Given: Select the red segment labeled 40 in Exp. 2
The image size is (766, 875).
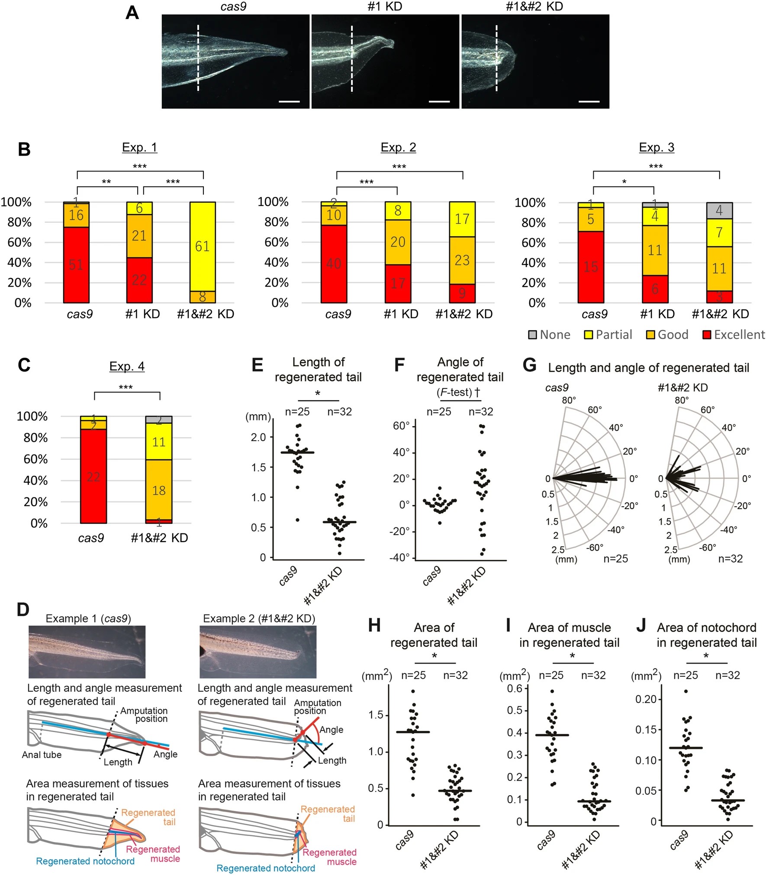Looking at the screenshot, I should [334, 263].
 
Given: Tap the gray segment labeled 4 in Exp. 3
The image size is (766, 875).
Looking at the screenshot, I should [719, 210].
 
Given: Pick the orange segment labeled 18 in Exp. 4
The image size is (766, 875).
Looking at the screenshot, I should [159, 490].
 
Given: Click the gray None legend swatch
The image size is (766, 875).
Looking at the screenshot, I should [532, 335].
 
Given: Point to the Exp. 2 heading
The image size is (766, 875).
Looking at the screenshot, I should [398, 147].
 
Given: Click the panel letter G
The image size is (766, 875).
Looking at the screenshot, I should [529, 365].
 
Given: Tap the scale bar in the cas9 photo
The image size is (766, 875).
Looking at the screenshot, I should [289, 102].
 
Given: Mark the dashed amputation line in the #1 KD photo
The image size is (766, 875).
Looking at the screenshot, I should [352, 58].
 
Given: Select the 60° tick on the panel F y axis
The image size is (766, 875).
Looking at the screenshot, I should [401, 426].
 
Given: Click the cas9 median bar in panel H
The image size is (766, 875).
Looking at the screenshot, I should [413, 732].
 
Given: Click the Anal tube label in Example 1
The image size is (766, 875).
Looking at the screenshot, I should [42, 755].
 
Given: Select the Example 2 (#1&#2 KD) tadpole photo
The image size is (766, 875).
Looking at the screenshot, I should [258, 652].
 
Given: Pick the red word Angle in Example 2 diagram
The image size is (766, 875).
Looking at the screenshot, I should [332, 730].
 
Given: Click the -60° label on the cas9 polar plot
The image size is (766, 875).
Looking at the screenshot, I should [595, 548].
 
